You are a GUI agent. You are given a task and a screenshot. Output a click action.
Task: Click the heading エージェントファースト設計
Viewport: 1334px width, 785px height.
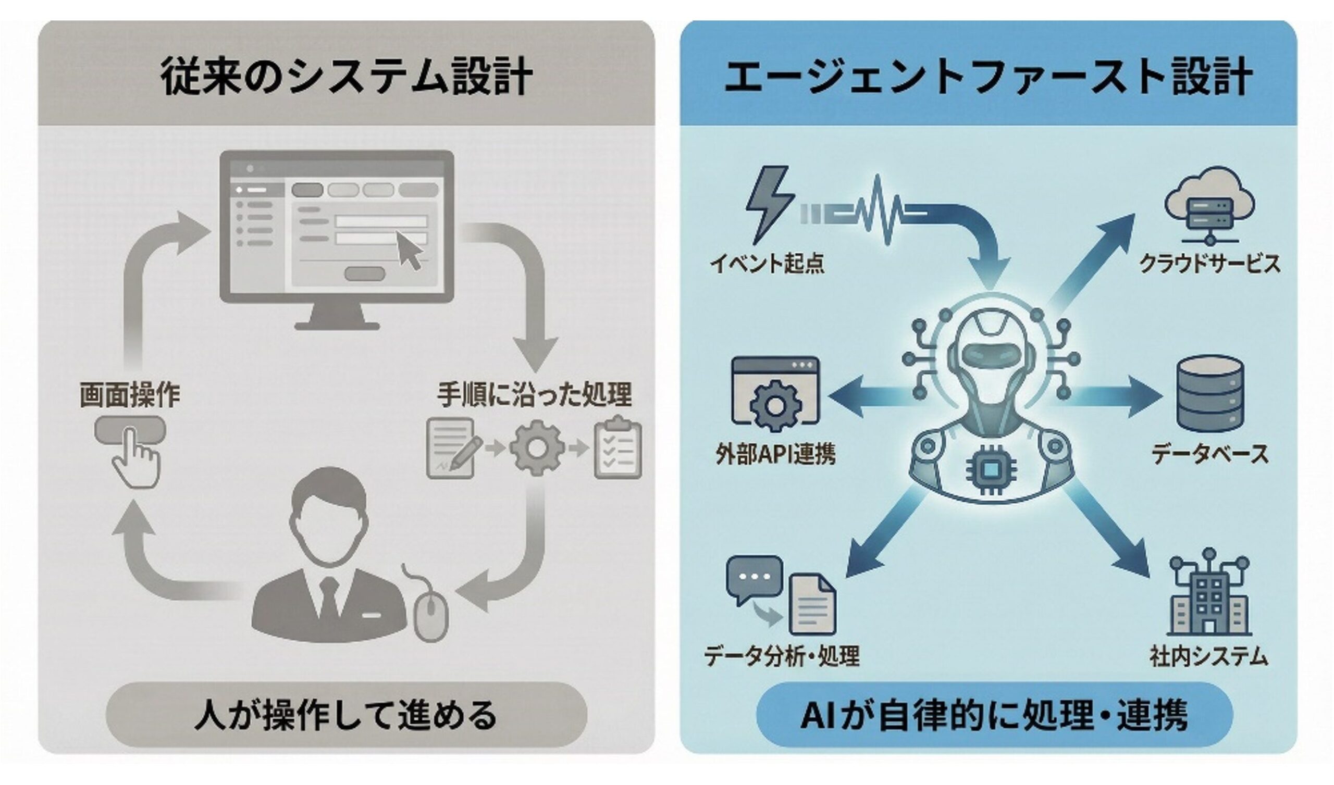[x=988, y=77]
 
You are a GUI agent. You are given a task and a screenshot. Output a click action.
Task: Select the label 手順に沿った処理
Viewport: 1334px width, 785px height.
[x=534, y=394]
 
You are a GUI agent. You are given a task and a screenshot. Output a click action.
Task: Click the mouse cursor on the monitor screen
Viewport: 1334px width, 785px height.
[x=409, y=251]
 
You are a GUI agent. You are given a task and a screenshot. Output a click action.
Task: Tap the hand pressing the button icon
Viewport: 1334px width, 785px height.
[x=134, y=458]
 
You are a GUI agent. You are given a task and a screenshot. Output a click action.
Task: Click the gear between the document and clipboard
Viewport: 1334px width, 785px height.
[x=536, y=448]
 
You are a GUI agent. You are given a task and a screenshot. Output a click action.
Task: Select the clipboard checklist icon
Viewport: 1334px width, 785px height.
[x=617, y=448]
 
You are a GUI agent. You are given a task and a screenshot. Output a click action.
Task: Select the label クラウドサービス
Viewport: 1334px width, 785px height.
[x=1209, y=263]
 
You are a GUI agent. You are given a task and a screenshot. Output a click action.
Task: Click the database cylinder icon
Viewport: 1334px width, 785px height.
[x=1209, y=394]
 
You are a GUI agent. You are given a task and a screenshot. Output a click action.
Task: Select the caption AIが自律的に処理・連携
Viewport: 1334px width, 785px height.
[x=994, y=715]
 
